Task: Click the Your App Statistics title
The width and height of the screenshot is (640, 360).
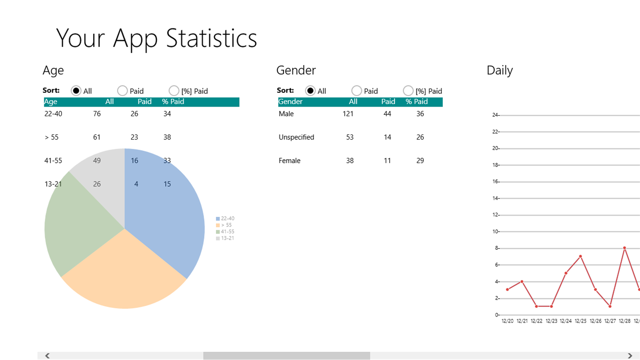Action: (156, 38)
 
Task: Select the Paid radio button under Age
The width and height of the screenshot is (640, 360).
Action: (122, 91)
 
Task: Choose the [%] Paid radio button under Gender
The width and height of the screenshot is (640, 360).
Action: (408, 91)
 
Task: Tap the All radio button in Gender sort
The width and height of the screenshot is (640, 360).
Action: (310, 91)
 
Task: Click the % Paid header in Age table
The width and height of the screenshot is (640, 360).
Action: (173, 102)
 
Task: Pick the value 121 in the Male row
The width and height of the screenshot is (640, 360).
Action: (348, 114)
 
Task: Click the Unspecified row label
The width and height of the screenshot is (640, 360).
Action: (296, 137)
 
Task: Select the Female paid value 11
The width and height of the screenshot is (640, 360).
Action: (387, 161)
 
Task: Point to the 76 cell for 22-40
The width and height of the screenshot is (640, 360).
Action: (97, 114)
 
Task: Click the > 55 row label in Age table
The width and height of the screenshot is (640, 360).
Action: (52, 137)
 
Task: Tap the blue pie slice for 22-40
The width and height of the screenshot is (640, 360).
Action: (169, 210)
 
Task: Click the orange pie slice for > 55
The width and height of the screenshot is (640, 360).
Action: (124, 274)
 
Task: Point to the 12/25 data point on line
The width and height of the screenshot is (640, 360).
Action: (581, 256)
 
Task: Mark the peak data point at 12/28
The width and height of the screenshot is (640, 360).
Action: (624, 248)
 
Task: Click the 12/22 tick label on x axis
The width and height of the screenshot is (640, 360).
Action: (536, 322)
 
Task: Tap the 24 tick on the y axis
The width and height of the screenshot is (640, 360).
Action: (495, 115)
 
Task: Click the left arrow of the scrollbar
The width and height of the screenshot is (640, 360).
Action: (47, 355)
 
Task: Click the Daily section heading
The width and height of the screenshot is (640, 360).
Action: (500, 70)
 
